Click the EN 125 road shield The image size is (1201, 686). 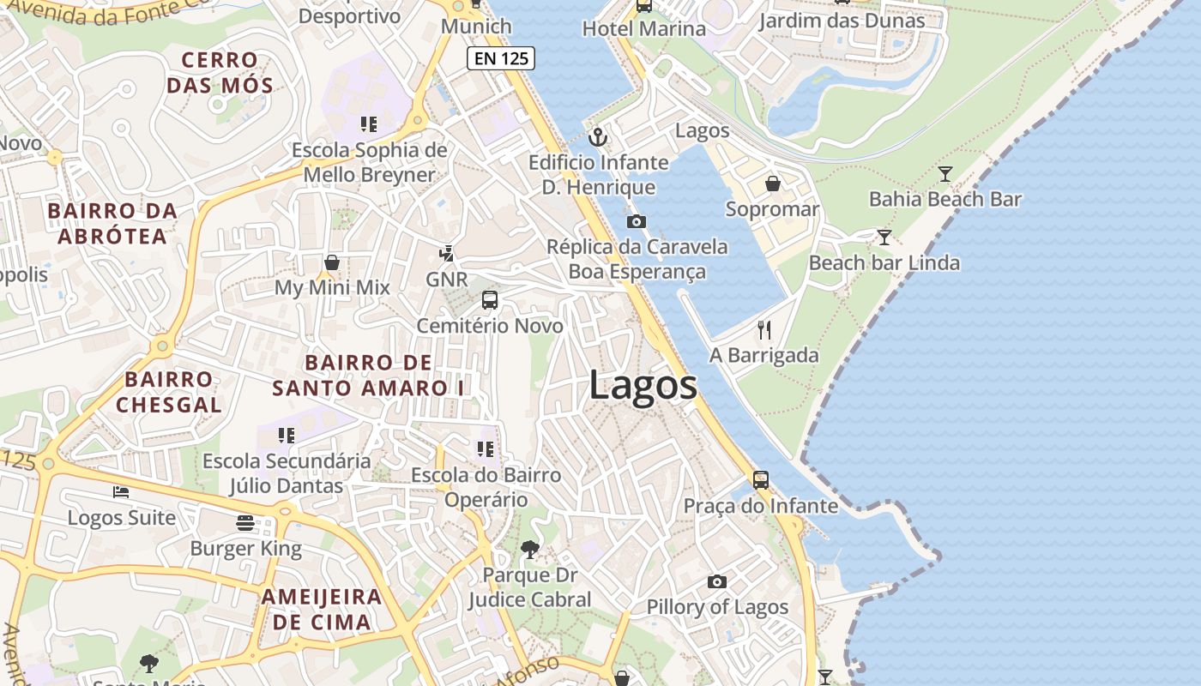coord(501,58)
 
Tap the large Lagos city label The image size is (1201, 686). coord(643,385)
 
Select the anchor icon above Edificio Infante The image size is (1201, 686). coord(598,137)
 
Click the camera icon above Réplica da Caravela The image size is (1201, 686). coord(636,221)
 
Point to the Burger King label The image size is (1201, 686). coord(245,549)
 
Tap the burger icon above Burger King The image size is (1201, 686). coord(245,523)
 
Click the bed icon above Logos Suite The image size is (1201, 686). coord(121,492)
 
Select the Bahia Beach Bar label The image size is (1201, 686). coord(945,199)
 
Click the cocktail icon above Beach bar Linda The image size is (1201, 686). coord(884,238)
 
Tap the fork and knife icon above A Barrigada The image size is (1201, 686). coord(764,329)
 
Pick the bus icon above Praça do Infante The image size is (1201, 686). coord(761,480)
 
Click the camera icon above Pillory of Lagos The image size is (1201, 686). coord(717,581)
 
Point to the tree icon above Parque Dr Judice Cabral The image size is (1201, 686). coord(530,549)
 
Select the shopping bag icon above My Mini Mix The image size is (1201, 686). coord(332,262)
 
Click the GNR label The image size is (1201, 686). coord(447,280)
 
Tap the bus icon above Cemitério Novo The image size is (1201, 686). coord(490,300)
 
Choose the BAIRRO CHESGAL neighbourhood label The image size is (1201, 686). coord(168,391)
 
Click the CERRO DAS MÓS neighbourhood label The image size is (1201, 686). coord(220,73)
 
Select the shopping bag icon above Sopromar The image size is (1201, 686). coord(773,184)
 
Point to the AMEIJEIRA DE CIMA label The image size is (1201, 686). coord(322,609)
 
